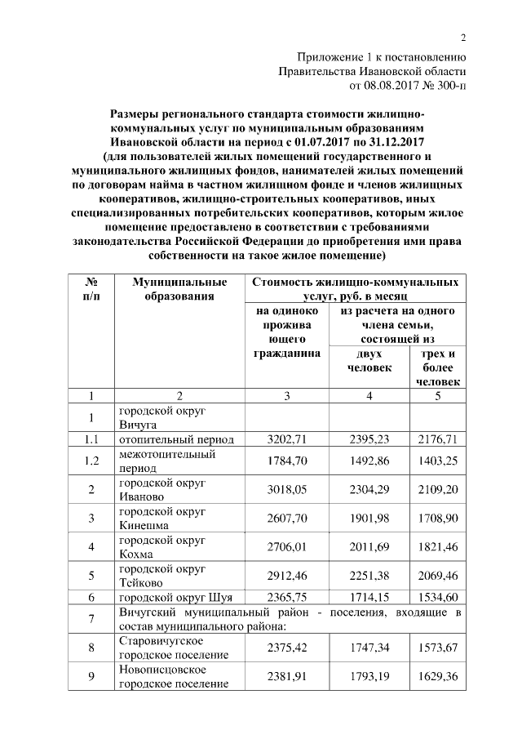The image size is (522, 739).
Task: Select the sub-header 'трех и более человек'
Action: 437,367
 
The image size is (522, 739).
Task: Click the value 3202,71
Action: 285,439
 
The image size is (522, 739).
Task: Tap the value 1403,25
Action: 437,461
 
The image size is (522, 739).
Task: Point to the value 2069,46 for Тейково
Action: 437,577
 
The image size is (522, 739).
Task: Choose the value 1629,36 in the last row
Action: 437,677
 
